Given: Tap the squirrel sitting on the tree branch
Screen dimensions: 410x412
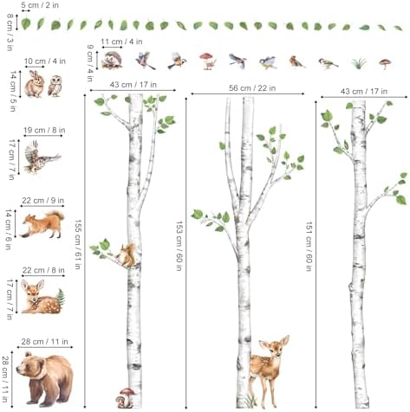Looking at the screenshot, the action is pyautogui.click(x=127, y=255).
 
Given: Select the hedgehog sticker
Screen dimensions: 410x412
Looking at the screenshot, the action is pyautogui.click(x=112, y=61).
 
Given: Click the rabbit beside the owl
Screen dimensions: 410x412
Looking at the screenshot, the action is pyautogui.click(x=35, y=84).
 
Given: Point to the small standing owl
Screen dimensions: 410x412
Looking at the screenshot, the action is pyautogui.click(x=55, y=86).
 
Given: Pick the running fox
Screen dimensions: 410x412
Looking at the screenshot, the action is pyautogui.click(x=42, y=224).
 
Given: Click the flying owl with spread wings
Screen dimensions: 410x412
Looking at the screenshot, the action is pyautogui.click(x=42, y=158).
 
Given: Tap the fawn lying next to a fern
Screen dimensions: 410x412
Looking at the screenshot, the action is pyautogui.click(x=41, y=297).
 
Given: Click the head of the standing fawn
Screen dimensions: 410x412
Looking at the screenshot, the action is pyautogui.click(x=275, y=347).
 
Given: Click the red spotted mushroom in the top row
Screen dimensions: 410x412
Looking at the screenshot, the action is pyautogui.click(x=207, y=61).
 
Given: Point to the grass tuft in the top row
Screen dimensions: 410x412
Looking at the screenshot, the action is pyautogui.click(x=359, y=63).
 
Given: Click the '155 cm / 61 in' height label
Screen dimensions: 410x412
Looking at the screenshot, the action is pyautogui.click(x=77, y=244).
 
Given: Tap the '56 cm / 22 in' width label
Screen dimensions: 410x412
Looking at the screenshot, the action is pyautogui.click(x=252, y=88).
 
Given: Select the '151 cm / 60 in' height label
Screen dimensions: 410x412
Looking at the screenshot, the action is pyautogui.click(x=309, y=247).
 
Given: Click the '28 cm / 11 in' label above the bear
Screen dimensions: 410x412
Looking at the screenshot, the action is pyautogui.click(x=45, y=342).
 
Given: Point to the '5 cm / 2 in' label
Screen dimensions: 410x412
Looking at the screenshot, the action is pyautogui.click(x=40, y=5).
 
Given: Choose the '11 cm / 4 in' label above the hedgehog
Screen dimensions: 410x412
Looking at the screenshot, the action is pyautogui.click(x=121, y=42).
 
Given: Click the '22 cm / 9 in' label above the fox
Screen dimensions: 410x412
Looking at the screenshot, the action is pyautogui.click(x=43, y=200).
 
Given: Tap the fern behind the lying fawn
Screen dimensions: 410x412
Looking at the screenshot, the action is pyautogui.click(x=61, y=297).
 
